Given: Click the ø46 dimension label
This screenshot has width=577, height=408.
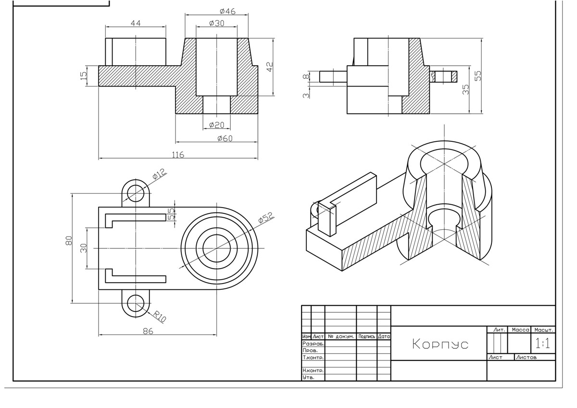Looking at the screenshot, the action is [227, 12].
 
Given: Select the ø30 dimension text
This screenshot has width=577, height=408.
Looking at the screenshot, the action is [217, 24].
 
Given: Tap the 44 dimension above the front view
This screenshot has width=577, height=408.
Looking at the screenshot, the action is [136, 24].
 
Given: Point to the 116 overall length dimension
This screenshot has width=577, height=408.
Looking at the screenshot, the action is [178, 155].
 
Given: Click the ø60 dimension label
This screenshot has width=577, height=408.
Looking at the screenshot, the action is [225, 138].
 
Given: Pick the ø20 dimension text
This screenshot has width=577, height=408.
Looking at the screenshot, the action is [217, 125].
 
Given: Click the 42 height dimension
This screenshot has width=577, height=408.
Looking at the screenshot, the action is [270, 67].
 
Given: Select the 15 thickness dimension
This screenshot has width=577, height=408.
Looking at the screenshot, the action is [84, 75].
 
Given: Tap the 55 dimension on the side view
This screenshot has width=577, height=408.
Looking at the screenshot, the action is [477, 75].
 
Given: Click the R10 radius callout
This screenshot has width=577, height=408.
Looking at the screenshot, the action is [160, 316].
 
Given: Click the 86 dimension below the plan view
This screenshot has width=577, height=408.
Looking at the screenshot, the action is [148, 331].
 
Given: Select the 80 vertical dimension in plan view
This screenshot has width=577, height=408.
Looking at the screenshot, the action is [69, 240].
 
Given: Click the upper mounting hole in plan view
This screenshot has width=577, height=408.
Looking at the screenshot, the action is [136, 193].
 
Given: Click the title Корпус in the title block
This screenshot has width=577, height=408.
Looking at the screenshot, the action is [440, 344].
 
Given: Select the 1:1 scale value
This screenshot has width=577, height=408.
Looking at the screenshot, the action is [543, 343].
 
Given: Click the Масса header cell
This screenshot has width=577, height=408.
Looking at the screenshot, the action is [520, 330].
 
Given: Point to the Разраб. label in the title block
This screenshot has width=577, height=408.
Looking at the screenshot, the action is [313, 344].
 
